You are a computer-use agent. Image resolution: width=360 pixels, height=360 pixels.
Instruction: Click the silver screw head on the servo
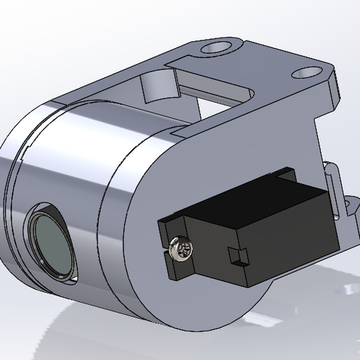[181, 248]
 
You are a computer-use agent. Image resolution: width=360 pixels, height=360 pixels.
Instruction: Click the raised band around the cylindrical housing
[119, 209]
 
